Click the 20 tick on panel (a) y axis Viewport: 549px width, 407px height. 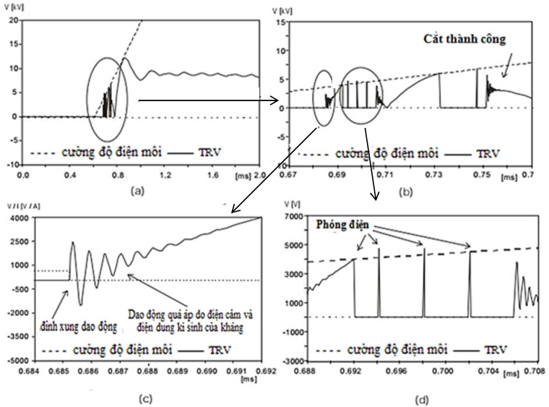14,20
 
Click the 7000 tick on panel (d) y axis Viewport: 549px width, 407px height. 290,218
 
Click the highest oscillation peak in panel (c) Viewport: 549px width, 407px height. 73,243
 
